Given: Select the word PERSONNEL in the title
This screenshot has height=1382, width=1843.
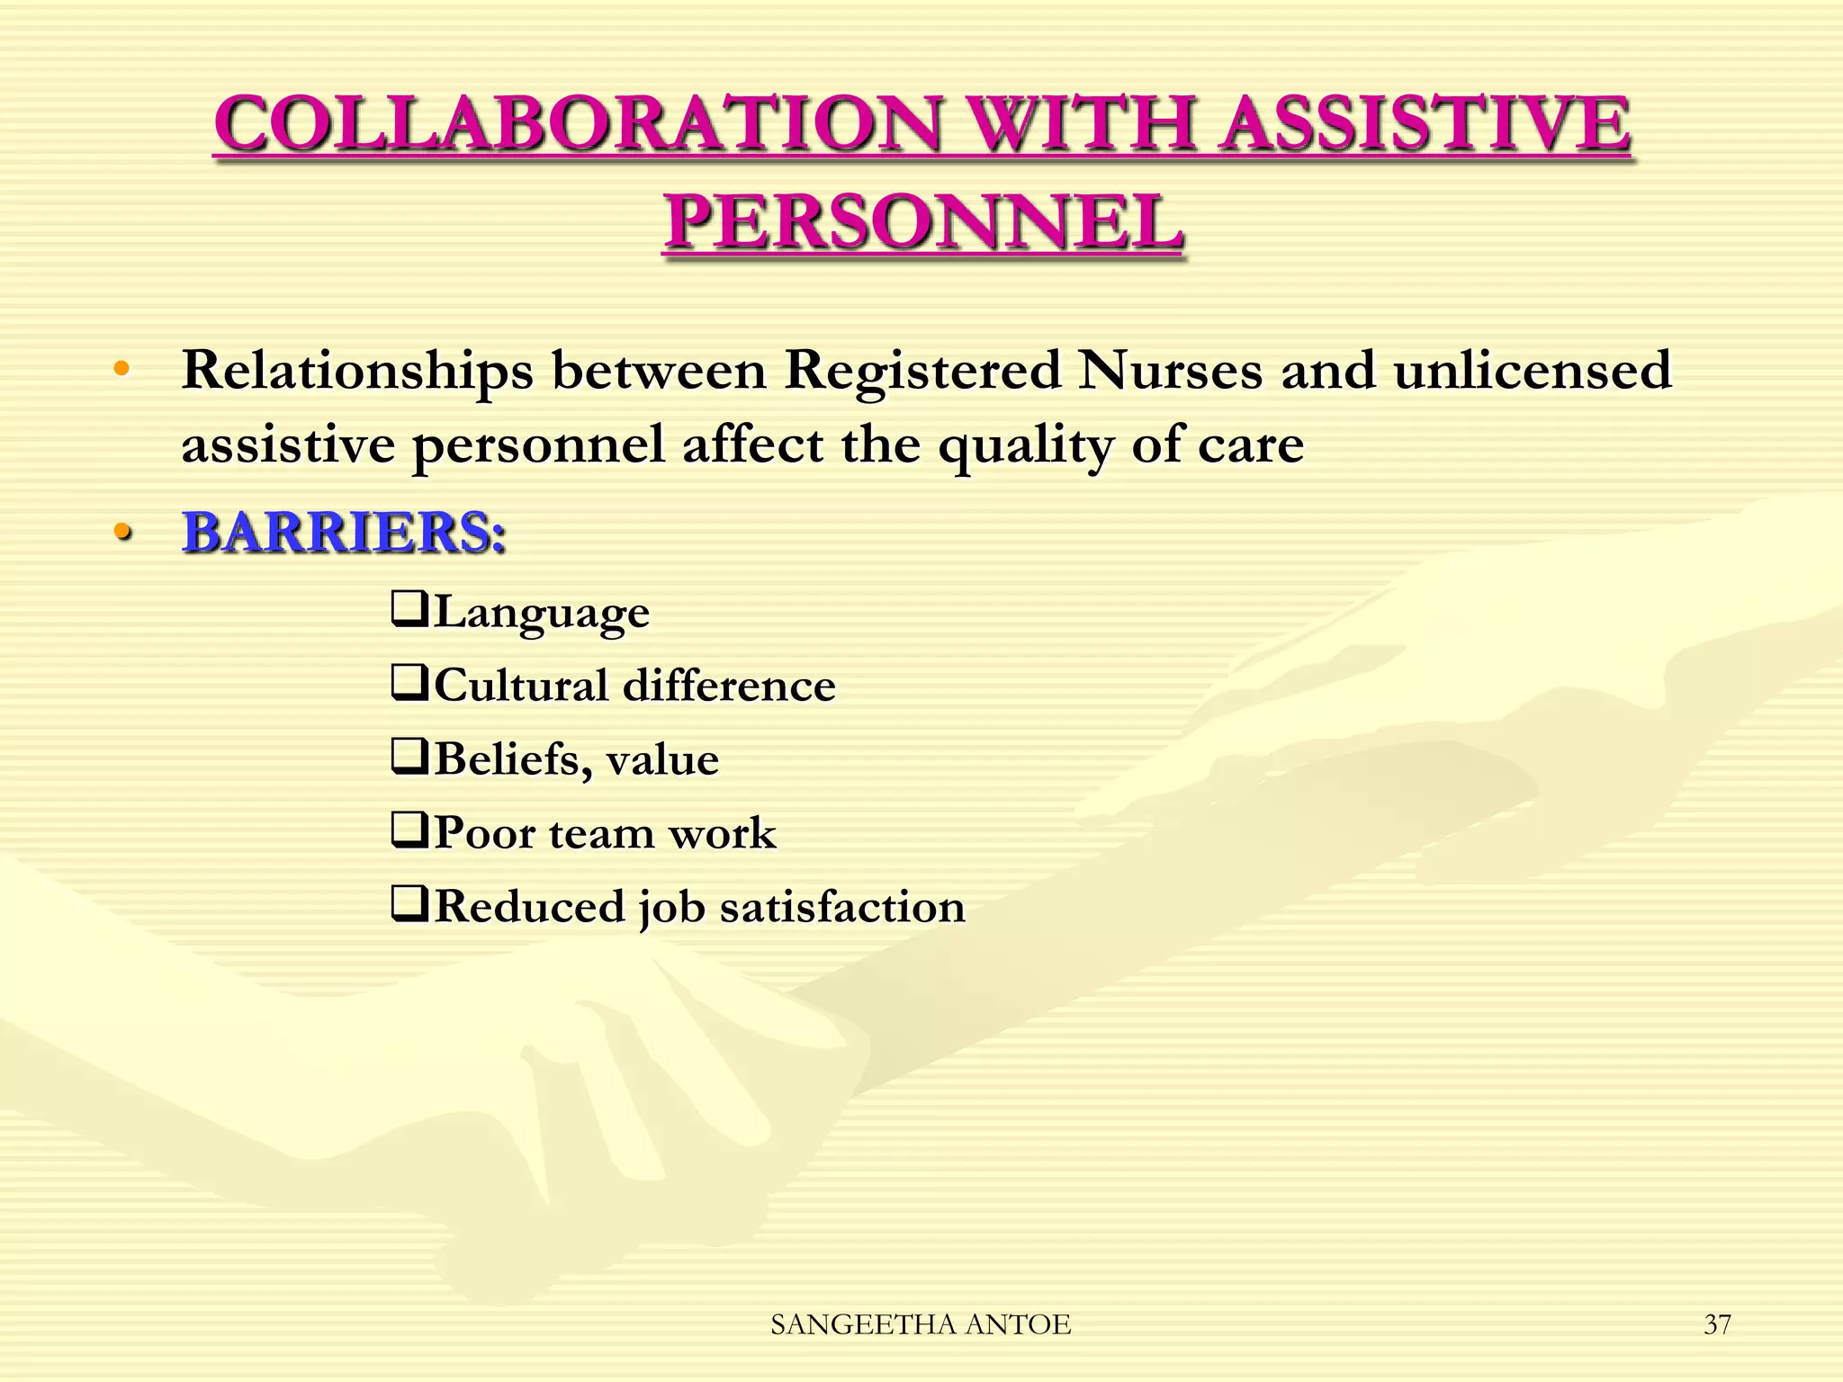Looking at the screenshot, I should point(923,223).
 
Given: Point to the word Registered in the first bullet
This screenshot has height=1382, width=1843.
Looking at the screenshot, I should point(923,370).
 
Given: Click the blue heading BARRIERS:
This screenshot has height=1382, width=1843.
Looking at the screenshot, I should point(344,532).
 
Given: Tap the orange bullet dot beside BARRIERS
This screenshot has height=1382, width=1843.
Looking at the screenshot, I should point(122,533).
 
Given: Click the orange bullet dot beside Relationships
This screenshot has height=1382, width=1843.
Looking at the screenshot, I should point(122,369).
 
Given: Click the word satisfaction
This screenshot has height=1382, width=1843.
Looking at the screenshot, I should point(842,906).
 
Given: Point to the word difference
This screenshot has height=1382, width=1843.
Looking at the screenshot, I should point(729,686).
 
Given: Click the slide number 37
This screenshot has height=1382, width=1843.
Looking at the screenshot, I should point(1717,1324).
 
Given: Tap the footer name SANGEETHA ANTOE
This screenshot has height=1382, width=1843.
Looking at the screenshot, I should point(921,1324).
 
